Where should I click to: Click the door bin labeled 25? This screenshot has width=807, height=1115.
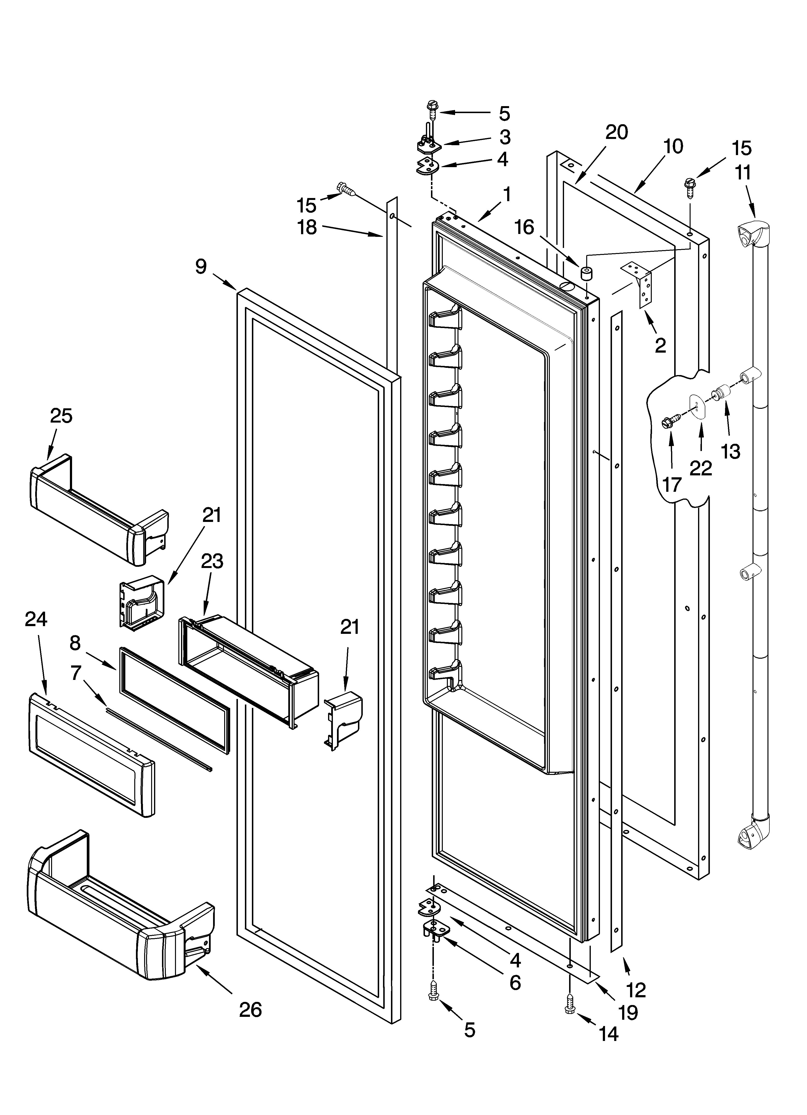click(x=98, y=509)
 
